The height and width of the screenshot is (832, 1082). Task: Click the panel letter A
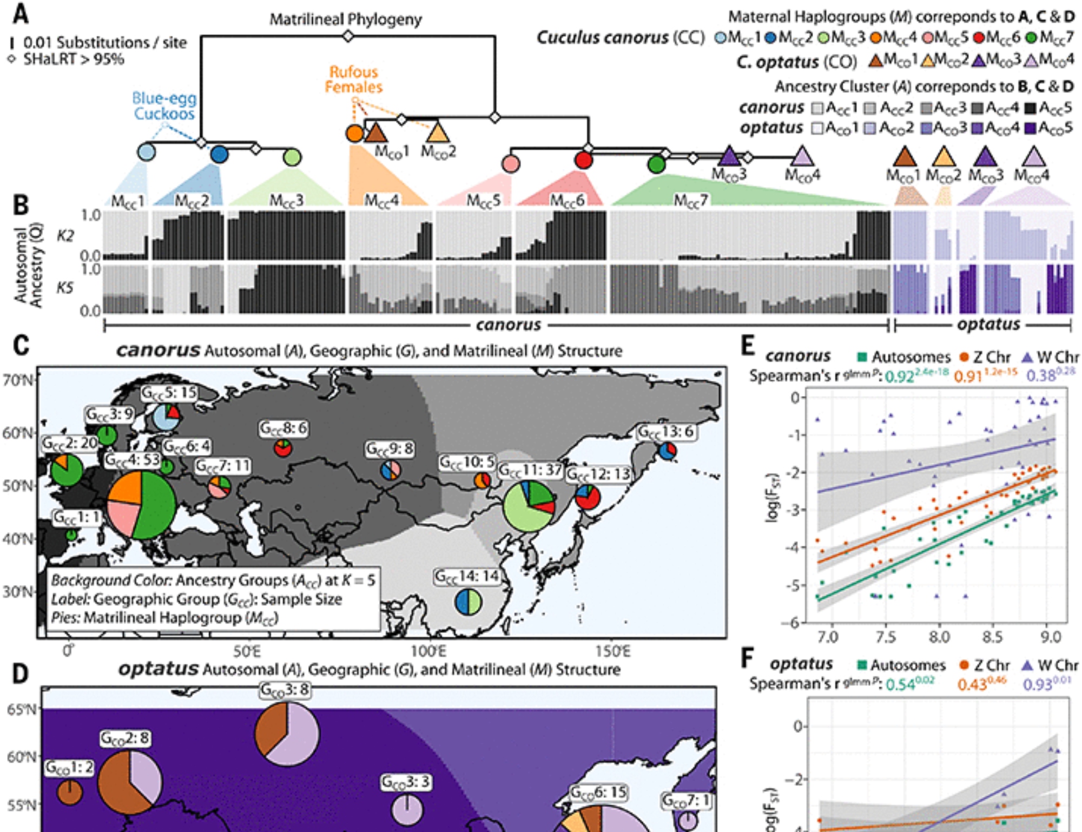(x=21, y=13)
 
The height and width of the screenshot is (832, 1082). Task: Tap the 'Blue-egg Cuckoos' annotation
(x=164, y=106)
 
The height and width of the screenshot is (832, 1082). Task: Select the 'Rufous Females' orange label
(x=353, y=80)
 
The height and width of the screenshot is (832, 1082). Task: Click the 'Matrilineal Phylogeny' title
(x=346, y=19)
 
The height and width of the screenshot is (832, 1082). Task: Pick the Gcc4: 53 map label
(x=133, y=460)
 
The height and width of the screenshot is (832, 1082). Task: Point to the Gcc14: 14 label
(x=467, y=577)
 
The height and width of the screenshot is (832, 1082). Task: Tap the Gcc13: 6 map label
(x=665, y=432)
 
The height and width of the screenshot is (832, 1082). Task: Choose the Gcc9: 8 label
(x=390, y=449)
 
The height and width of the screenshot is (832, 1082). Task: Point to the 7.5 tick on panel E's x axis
(x=885, y=637)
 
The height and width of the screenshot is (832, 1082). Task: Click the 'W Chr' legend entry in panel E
(x=1051, y=357)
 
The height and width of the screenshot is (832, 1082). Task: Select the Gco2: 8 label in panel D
(x=125, y=738)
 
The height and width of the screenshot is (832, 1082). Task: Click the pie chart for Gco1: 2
(x=70, y=793)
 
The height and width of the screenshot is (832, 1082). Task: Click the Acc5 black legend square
(x=1030, y=108)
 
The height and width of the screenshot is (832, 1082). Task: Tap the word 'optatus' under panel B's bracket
(x=988, y=325)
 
